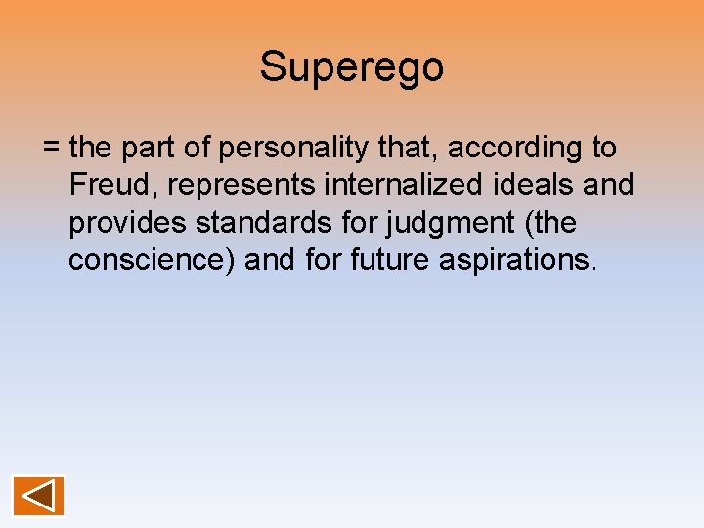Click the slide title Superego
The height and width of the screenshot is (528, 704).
[x=351, y=67]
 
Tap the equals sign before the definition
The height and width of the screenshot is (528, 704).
[x=53, y=149]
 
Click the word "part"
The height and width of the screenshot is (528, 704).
[x=154, y=148]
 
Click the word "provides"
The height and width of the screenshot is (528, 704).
[x=128, y=224]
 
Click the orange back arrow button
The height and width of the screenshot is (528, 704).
[x=39, y=495]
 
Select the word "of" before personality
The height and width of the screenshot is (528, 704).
[x=201, y=148]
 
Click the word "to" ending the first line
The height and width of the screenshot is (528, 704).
[x=603, y=149]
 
